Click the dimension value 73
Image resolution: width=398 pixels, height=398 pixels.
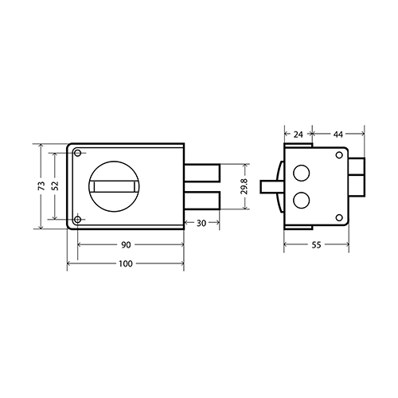(41, 185)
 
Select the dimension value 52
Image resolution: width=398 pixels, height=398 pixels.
(55, 185)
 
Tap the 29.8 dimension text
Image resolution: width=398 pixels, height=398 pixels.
(244, 186)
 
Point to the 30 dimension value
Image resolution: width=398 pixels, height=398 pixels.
(201, 224)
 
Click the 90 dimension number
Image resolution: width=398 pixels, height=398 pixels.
(126, 244)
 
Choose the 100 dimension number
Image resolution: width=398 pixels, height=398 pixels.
(126, 263)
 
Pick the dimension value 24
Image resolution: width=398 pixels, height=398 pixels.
(298, 135)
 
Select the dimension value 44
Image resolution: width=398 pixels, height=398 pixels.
(338, 135)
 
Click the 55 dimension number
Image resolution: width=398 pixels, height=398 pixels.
(316, 244)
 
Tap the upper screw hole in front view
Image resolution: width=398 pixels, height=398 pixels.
(78, 153)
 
